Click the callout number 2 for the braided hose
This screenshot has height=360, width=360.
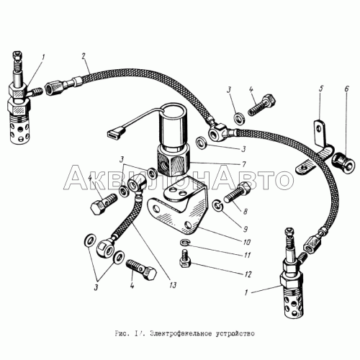coord(84,57)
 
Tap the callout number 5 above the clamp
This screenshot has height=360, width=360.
coord(321,89)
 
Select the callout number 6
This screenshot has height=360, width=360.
coord(346,89)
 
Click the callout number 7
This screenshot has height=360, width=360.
coord(243,164)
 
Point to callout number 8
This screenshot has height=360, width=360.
coord(245,212)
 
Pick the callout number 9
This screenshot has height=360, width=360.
coord(245,229)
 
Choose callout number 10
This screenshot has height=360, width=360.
coord(247,242)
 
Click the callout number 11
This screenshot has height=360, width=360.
coord(247,255)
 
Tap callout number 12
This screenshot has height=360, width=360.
coord(248,274)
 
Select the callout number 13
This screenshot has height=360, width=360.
coord(173,284)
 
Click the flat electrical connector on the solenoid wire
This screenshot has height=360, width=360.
coord(114,132)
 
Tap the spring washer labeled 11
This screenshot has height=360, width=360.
coord(184,243)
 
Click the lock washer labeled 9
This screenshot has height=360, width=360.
coord(218,205)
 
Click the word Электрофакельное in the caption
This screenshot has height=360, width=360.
coord(181,334)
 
